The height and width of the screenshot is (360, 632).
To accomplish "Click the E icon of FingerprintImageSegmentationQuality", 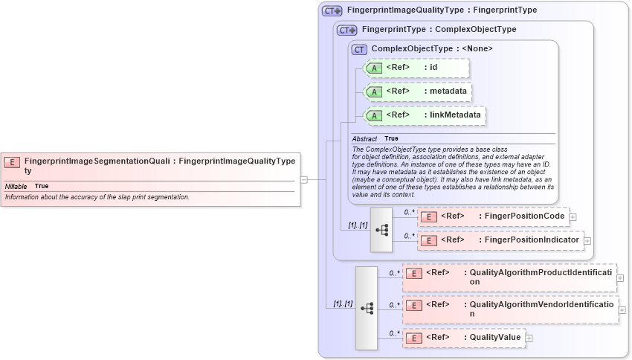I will tap(12, 161).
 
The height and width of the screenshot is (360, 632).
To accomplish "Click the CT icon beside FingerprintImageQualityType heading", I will tap(332, 11).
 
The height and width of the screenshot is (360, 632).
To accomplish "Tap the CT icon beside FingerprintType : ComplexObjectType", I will tap(347, 30).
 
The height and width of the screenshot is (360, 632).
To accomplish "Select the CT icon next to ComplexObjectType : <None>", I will tap(360, 49).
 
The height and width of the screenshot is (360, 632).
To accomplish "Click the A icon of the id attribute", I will tap(374, 68).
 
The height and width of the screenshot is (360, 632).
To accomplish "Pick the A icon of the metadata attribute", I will tap(374, 92).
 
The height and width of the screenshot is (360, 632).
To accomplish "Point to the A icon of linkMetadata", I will tap(374, 116).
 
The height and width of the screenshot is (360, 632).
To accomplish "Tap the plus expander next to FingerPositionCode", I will tap(573, 217).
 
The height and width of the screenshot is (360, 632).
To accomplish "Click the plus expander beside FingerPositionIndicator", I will tap(587, 241).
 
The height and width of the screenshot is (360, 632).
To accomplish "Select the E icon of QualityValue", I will tap(413, 338).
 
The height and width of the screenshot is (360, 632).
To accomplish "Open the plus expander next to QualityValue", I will tap(529, 338).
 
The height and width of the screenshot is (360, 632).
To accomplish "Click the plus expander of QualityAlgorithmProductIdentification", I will tap(621, 277).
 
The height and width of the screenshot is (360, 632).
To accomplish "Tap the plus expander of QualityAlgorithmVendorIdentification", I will tap(622, 309).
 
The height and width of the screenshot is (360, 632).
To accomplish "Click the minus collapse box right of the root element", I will tap(304, 179).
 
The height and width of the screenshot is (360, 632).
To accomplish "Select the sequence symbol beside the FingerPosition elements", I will tap(381, 229).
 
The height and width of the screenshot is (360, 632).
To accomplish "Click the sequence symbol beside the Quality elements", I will tap(367, 307).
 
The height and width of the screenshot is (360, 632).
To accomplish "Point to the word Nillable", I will tap(16, 186).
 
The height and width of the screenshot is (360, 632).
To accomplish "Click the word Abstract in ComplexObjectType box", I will tap(364, 139).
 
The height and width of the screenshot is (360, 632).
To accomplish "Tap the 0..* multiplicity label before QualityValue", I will tap(394, 333).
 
